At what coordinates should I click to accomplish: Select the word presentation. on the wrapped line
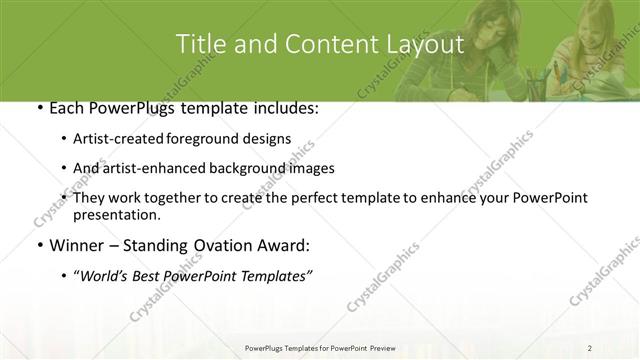116,215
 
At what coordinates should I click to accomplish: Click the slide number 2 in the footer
590,347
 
